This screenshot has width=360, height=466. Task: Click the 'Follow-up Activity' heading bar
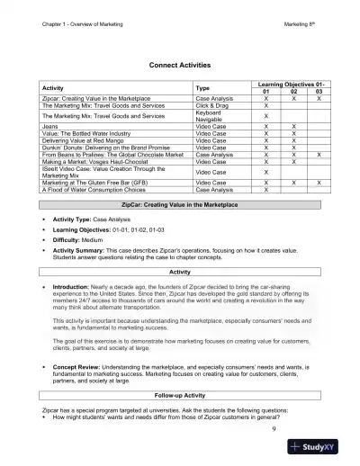179,394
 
